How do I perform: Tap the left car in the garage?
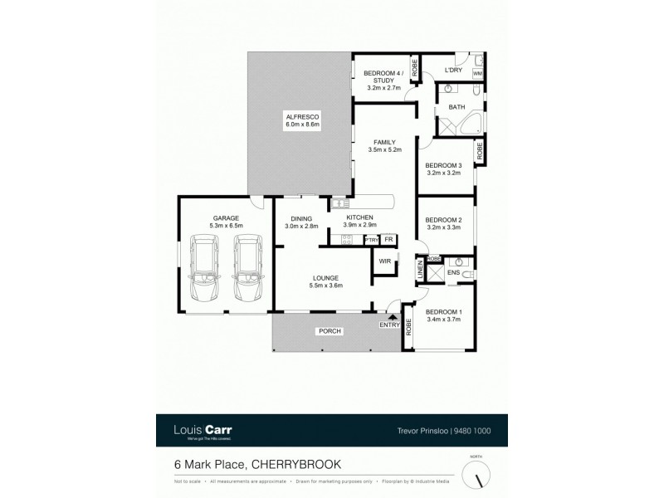(204, 268)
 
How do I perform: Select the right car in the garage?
(247, 268)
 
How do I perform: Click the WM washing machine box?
(477, 74)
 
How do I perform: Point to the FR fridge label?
(388, 240)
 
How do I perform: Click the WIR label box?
(384, 261)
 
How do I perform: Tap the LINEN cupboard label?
(420, 271)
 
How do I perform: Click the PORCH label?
(329, 331)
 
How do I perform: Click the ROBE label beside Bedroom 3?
(480, 151)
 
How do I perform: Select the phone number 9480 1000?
(470, 430)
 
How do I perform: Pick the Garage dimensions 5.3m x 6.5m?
(225, 225)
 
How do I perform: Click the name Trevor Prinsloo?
(419, 430)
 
